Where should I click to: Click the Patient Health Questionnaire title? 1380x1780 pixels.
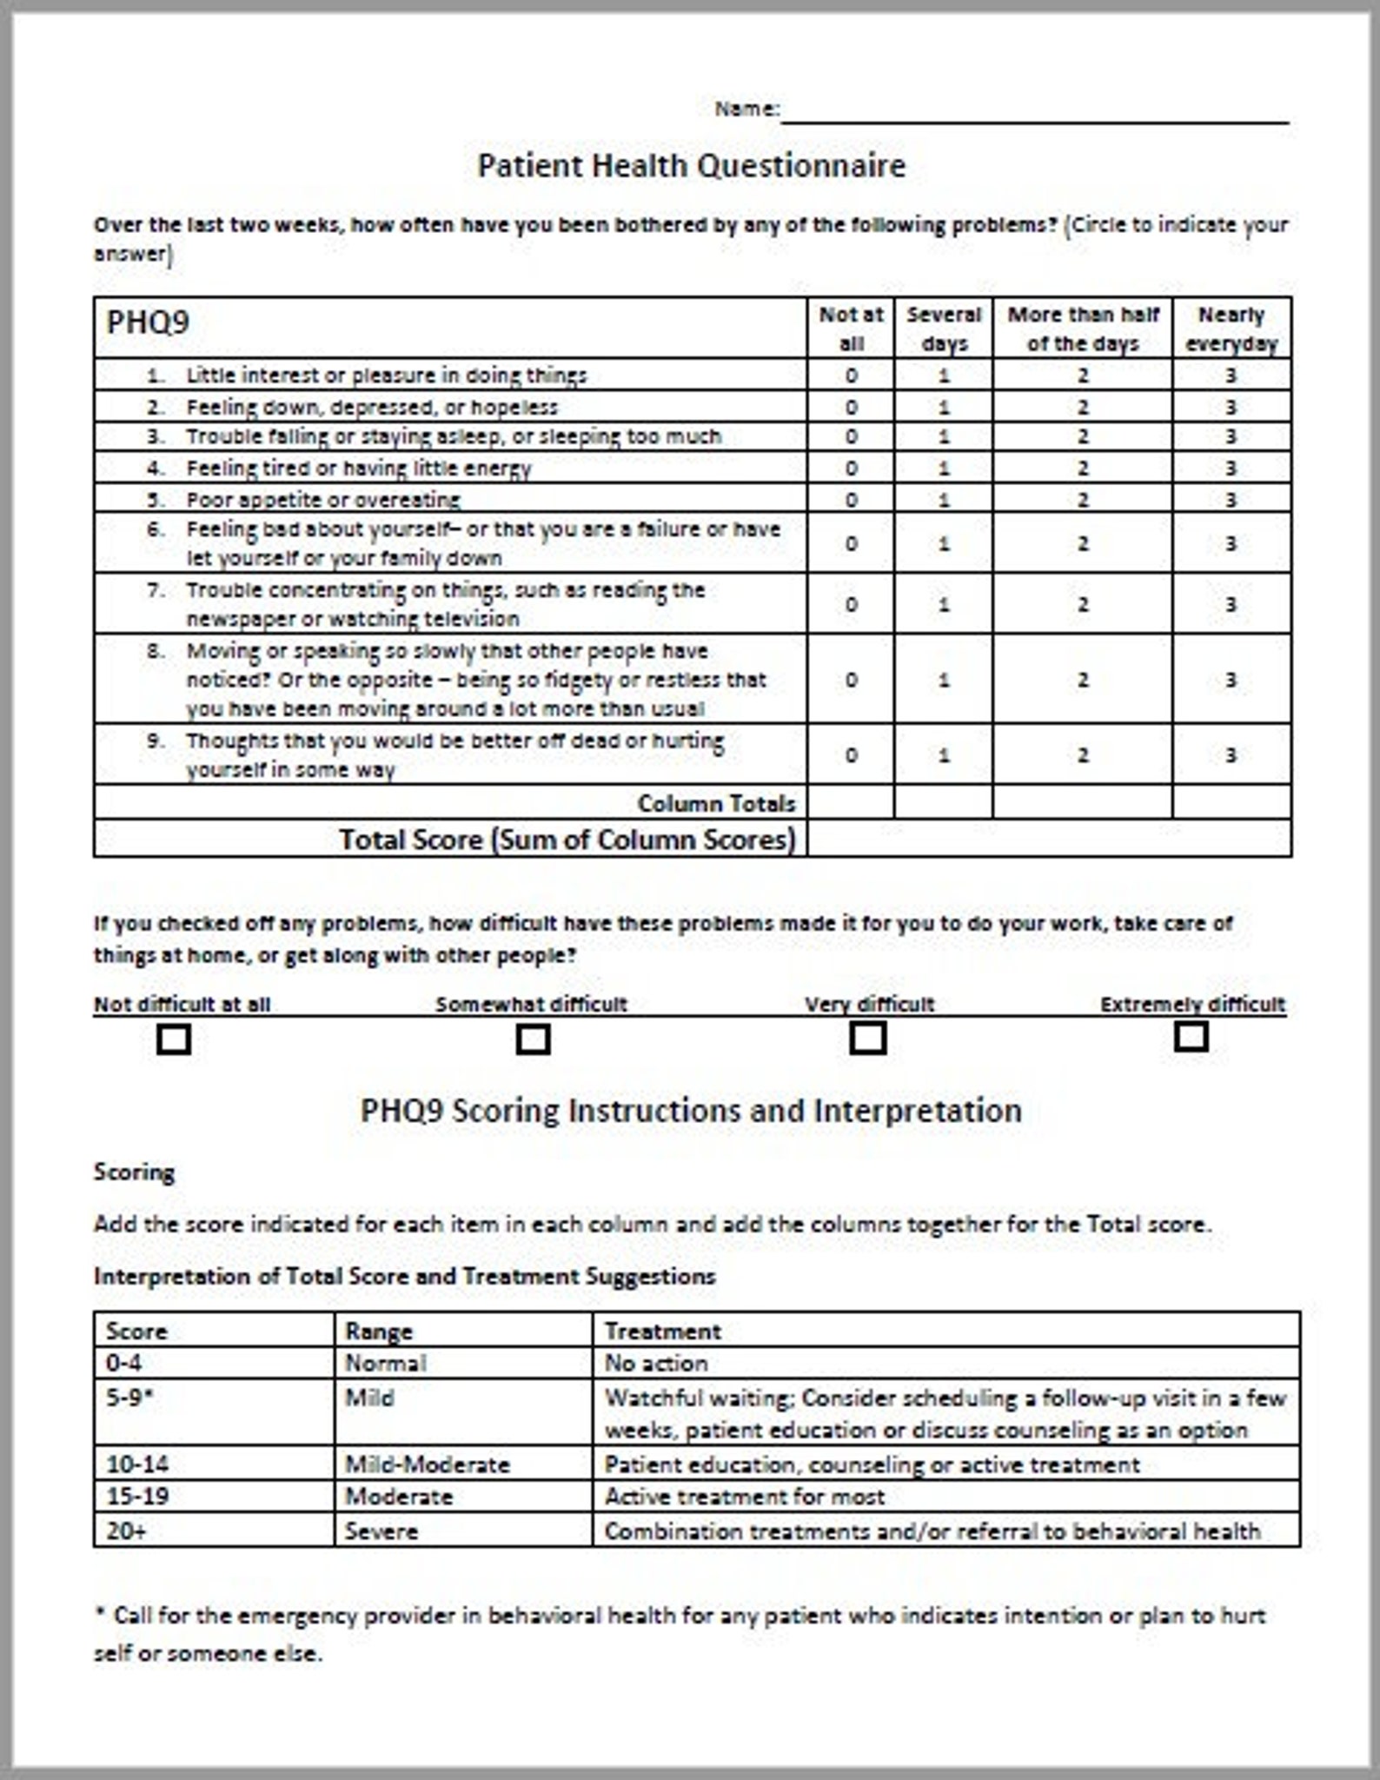691,165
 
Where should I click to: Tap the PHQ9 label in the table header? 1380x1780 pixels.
147,322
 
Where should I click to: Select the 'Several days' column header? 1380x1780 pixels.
943,329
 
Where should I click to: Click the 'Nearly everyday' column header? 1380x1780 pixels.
1231,329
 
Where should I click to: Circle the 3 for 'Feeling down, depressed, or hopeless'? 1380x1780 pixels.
1231,407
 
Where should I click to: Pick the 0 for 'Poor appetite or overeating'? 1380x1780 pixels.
851,500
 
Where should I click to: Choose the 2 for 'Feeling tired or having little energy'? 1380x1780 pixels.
1083,468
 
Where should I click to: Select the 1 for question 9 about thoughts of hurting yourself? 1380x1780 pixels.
944,755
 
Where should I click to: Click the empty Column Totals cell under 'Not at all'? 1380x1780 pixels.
851,802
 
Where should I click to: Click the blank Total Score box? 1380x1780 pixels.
1048,839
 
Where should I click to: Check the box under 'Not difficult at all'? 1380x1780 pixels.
174,1039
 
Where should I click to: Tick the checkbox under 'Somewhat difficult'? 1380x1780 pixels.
533,1039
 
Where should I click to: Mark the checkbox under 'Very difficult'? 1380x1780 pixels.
867,1038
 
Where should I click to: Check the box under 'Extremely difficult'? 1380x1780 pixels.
1191,1036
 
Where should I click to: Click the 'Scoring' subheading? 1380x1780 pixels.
134,1172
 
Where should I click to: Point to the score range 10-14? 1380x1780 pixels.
137,1465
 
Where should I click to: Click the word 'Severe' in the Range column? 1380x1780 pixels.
381,1531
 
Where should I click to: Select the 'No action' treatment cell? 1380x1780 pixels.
656,1363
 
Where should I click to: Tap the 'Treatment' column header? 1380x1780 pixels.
662,1331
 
